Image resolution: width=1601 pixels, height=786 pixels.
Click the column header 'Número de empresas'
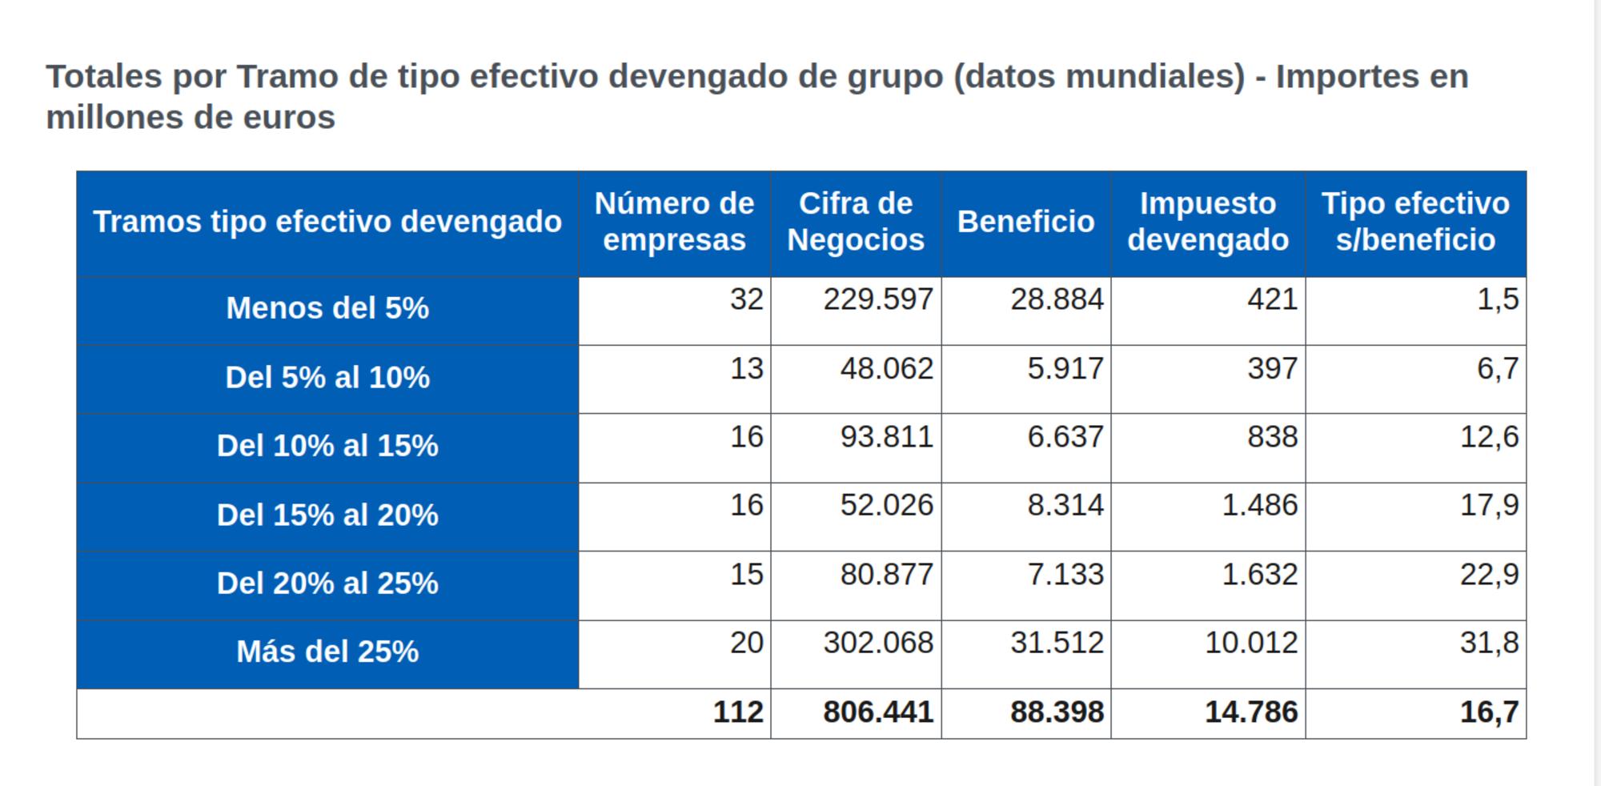click(x=674, y=222)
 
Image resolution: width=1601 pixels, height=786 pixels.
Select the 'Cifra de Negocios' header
click(x=856, y=222)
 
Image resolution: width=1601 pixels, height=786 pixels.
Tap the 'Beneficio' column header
click(x=1025, y=222)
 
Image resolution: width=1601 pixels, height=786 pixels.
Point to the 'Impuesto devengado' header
click(x=1208, y=222)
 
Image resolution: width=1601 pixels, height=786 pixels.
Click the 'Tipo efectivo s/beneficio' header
click(x=1415, y=222)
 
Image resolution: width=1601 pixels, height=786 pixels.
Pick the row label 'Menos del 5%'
click(x=327, y=308)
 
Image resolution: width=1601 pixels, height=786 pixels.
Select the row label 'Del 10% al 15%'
click(x=327, y=446)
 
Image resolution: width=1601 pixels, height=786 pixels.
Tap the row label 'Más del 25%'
click(x=327, y=652)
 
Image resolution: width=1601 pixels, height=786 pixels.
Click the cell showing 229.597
click(x=878, y=299)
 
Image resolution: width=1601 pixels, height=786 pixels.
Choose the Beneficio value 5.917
click(x=1065, y=368)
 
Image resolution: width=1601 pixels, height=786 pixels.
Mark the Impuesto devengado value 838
click(x=1272, y=437)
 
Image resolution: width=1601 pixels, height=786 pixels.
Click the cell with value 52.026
click(x=886, y=505)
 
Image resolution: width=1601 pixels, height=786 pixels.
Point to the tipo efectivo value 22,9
click(x=1489, y=574)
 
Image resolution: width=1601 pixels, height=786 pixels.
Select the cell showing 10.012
click(x=1251, y=643)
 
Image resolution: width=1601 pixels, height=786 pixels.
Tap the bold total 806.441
click(x=878, y=712)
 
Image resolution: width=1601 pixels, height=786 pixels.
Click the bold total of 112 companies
click(x=738, y=712)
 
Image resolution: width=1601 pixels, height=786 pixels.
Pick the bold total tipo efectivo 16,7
click(x=1489, y=712)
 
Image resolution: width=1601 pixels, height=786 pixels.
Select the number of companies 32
click(x=746, y=299)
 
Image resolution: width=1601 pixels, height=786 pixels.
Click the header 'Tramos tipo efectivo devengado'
click(x=327, y=222)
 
